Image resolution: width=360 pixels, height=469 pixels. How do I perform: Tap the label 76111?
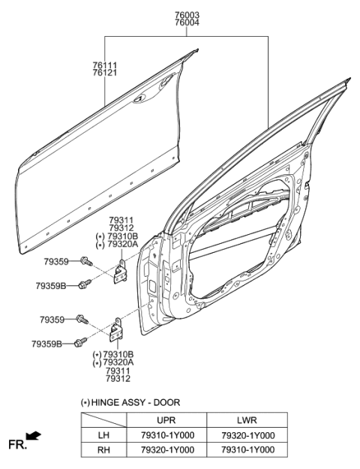[x=105, y=65]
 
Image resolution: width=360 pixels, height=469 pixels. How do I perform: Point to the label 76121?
[x=105, y=74]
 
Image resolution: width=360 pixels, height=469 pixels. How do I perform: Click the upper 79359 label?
[x=56, y=262]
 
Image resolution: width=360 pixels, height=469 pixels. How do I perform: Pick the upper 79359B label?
[x=51, y=286]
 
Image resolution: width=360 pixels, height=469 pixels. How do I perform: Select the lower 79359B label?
[x=46, y=344]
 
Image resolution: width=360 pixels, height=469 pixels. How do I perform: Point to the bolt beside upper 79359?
[x=85, y=261]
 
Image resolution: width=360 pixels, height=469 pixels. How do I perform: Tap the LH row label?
[x=103, y=435]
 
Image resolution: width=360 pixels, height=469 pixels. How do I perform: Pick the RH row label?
[x=103, y=449]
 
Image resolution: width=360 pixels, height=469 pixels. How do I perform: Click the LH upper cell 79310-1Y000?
[x=166, y=435]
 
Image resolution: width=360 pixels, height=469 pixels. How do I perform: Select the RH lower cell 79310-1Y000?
[x=248, y=449]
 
